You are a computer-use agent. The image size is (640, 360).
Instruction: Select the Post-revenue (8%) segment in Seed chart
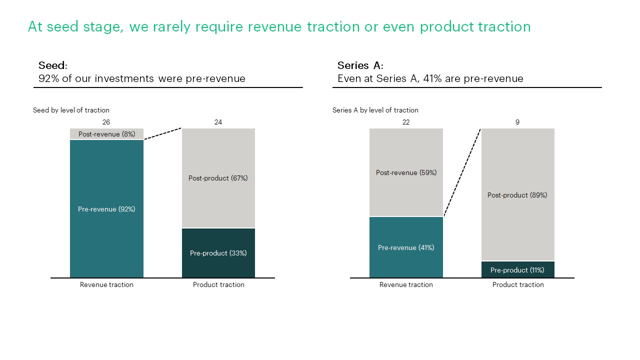(x=106, y=134)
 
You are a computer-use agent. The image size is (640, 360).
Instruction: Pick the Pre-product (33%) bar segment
(x=218, y=253)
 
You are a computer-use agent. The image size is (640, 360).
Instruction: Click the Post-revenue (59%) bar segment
(x=406, y=172)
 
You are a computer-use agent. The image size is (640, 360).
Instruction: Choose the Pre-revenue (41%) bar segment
(x=406, y=247)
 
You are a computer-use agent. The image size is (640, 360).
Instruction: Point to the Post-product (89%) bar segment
(x=517, y=195)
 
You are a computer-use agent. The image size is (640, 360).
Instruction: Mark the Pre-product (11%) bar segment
(x=517, y=270)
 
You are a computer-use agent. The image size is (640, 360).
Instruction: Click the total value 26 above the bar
(x=106, y=122)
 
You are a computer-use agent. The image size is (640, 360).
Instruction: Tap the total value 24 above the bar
(x=218, y=122)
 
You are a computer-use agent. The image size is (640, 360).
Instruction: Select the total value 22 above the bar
(x=406, y=122)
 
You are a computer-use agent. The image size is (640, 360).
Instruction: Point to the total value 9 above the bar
(x=517, y=122)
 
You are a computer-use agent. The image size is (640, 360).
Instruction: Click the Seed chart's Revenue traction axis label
(x=106, y=284)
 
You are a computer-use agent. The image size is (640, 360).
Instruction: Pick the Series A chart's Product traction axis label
(x=518, y=284)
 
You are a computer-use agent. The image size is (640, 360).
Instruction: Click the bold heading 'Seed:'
(x=52, y=65)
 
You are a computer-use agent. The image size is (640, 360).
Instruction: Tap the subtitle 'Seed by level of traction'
(x=71, y=110)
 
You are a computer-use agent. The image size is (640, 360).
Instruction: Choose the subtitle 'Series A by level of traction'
(x=375, y=110)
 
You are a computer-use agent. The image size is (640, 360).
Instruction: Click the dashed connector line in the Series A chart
(x=462, y=172)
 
